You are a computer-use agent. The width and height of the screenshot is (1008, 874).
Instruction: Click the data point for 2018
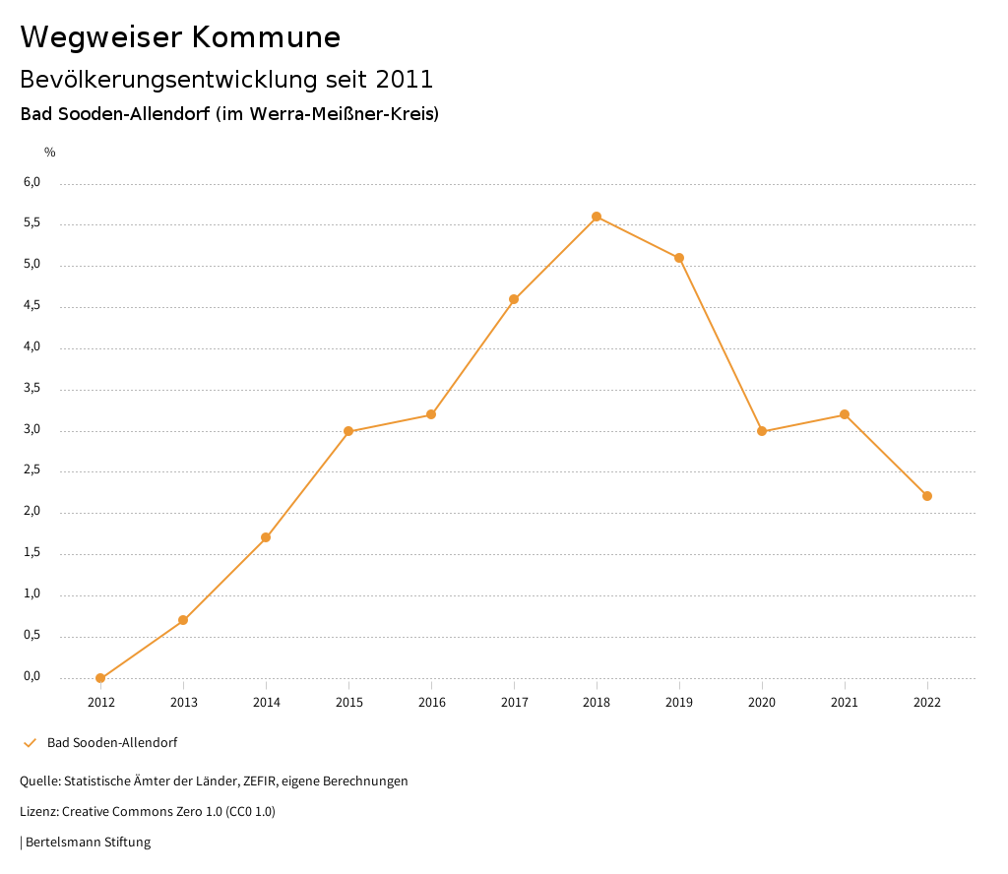click(597, 217)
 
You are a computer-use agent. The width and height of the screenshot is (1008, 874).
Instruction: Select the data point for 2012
click(100, 678)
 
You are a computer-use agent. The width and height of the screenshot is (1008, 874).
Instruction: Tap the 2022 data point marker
click(927, 496)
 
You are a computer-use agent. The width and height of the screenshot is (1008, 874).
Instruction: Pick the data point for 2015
click(348, 431)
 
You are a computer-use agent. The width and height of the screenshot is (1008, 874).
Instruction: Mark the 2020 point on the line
click(762, 431)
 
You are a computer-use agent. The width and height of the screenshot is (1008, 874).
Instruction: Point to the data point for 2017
click(514, 299)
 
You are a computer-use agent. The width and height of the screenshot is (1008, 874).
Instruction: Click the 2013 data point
click(183, 620)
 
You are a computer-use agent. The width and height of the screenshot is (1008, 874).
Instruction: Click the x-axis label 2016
click(431, 703)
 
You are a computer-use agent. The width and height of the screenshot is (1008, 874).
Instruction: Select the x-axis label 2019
click(679, 703)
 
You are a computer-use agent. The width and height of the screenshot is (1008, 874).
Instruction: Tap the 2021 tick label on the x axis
click(845, 703)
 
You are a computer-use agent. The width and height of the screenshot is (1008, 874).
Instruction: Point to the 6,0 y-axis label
click(32, 182)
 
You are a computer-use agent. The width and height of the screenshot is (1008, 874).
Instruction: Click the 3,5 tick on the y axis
click(32, 389)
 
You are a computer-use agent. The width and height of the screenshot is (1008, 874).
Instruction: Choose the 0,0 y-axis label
click(32, 676)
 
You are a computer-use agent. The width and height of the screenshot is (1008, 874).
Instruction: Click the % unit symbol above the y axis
click(50, 153)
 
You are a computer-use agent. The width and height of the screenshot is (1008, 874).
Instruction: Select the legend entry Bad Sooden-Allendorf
click(112, 743)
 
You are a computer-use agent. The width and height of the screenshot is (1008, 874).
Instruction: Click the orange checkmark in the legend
click(30, 743)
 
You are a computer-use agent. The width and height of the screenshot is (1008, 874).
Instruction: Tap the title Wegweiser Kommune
click(180, 37)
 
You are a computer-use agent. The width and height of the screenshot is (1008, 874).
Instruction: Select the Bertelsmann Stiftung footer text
click(88, 843)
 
